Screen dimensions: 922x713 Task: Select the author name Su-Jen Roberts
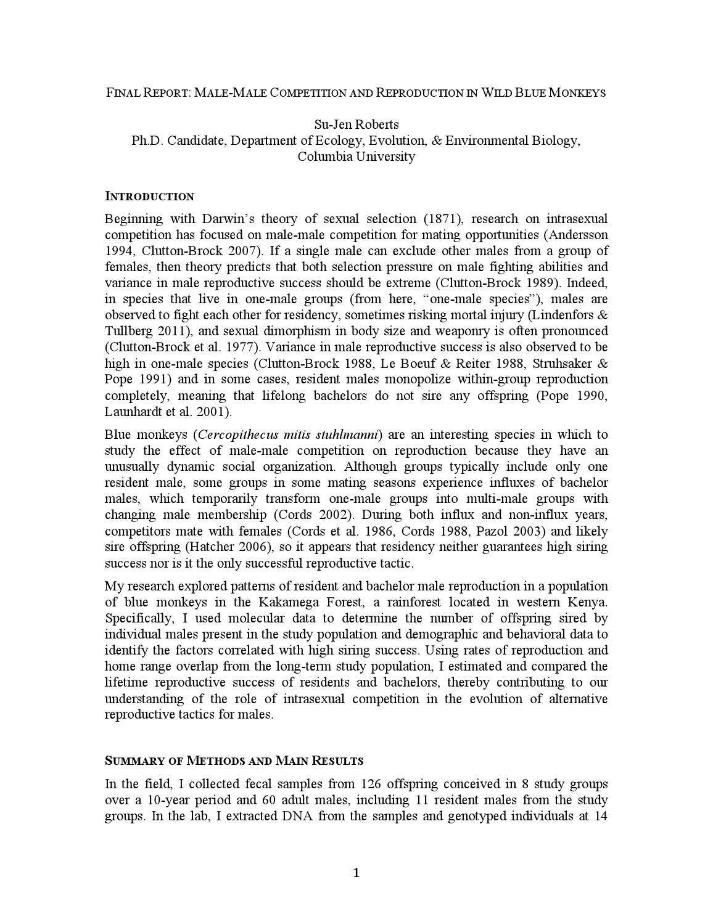[x=356, y=124]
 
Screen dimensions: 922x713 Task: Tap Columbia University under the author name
[x=356, y=157]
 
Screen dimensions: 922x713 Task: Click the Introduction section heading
[x=149, y=197]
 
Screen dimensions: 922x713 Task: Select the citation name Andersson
[x=577, y=235]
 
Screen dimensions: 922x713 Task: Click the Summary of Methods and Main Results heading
[x=234, y=761]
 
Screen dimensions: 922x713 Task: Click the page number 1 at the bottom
[x=356, y=872]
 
